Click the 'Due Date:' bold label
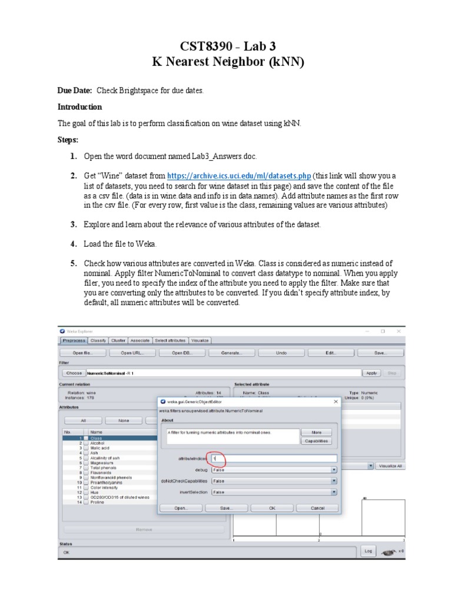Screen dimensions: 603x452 (74, 90)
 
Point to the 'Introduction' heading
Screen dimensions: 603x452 (79, 107)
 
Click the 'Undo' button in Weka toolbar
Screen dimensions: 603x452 (281, 353)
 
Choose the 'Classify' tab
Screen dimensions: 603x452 (98, 340)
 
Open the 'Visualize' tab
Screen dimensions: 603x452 (200, 340)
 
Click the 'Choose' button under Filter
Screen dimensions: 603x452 (74, 373)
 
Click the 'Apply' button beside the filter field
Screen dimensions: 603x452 (371, 373)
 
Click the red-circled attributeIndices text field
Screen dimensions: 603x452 (274, 458)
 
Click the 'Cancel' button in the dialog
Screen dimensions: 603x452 (317, 508)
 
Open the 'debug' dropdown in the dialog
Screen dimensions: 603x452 (274, 470)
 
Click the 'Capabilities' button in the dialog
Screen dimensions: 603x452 (317, 441)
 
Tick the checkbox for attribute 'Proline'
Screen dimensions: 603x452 (86, 502)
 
